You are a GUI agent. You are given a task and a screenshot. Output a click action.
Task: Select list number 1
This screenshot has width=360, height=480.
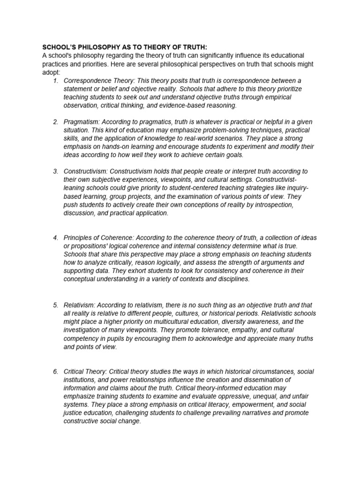(x=55, y=80)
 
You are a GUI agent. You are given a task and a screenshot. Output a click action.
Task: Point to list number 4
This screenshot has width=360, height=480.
(x=55, y=238)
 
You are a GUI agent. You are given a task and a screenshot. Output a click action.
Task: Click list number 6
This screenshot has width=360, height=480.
(x=55, y=372)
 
